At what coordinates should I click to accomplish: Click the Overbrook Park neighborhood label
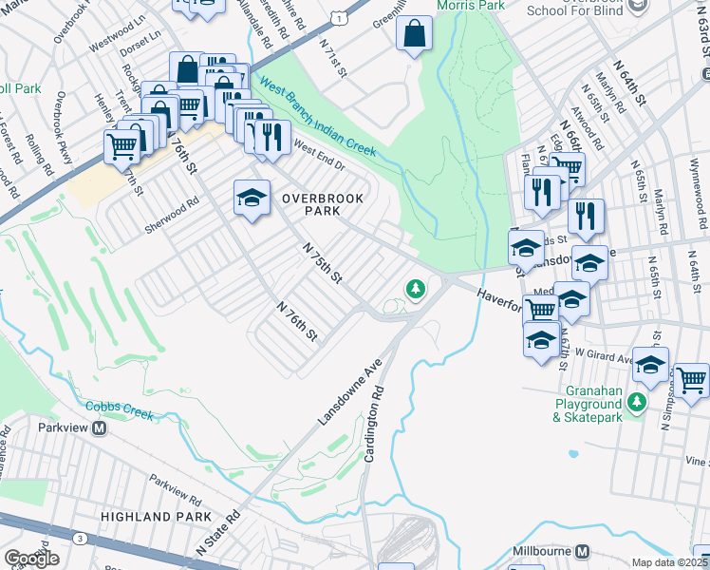click(x=309, y=205)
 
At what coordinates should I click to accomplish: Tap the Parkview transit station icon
click(x=100, y=427)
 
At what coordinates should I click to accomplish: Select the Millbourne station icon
click(x=583, y=551)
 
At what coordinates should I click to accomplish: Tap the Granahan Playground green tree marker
click(x=639, y=403)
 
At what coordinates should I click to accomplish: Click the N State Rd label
click(x=219, y=534)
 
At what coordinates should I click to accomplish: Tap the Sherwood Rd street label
click(x=172, y=203)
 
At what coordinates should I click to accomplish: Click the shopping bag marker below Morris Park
click(x=415, y=36)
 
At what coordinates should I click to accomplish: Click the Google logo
click(x=31, y=558)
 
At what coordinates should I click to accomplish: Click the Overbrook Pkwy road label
click(x=63, y=125)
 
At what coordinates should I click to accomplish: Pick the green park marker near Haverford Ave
click(x=414, y=288)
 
